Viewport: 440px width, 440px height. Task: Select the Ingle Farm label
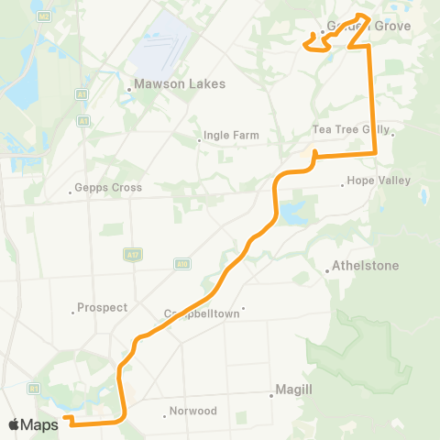(x=232, y=136)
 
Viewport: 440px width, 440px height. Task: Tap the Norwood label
(x=193, y=411)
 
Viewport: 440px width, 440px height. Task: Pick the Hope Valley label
(x=379, y=181)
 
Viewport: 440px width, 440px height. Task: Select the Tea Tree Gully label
(x=351, y=129)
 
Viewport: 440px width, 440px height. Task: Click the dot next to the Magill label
(x=272, y=396)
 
